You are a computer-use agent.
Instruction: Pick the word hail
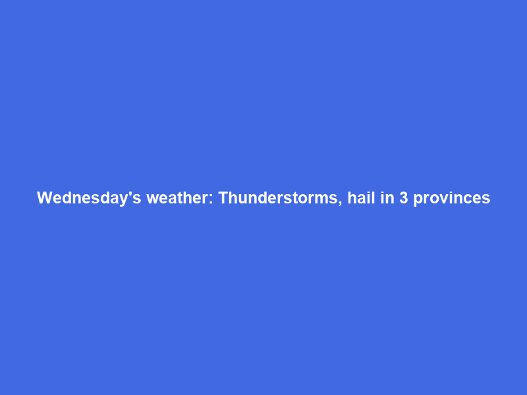(x=362, y=198)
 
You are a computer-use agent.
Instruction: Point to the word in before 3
(x=387, y=198)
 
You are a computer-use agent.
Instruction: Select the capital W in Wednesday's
(x=43, y=198)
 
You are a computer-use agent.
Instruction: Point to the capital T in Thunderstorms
(x=223, y=198)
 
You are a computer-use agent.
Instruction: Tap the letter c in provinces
(x=467, y=199)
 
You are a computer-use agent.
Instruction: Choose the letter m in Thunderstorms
(x=326, y=199)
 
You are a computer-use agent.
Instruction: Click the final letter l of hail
(x=373, y=198)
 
